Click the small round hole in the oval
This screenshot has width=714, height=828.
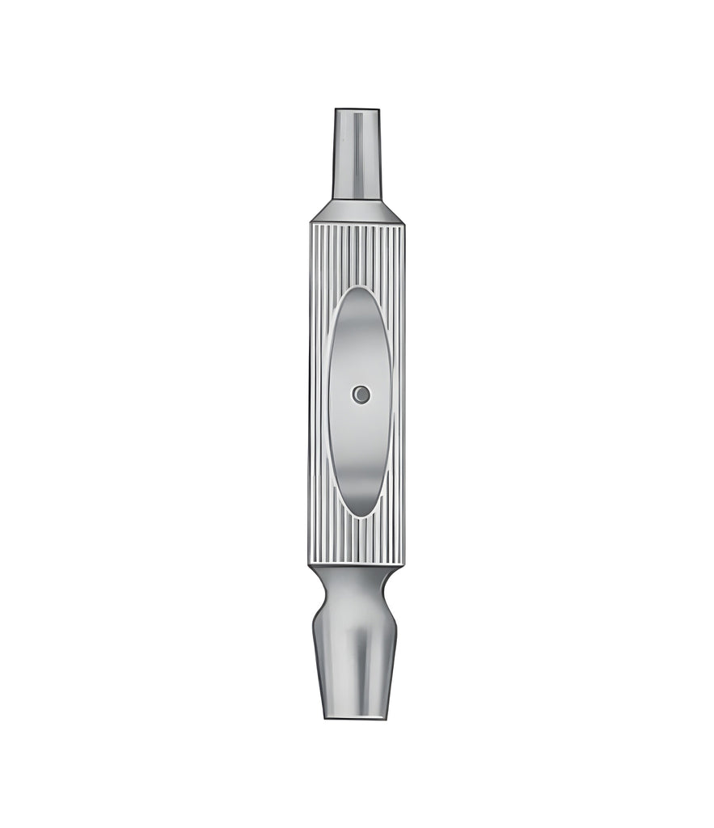(361, 395)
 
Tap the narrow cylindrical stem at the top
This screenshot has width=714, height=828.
(357, 154)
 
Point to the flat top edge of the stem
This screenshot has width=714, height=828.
(357, 108)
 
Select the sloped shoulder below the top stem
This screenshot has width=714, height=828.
(357, 210)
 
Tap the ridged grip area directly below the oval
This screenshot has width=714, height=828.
(357, 542)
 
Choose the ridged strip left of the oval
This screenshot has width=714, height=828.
(319, 396)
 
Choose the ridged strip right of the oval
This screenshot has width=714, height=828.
(397, 396)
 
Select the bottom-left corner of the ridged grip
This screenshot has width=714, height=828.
(309, 565)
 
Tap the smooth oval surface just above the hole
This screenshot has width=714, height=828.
(361, 364)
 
